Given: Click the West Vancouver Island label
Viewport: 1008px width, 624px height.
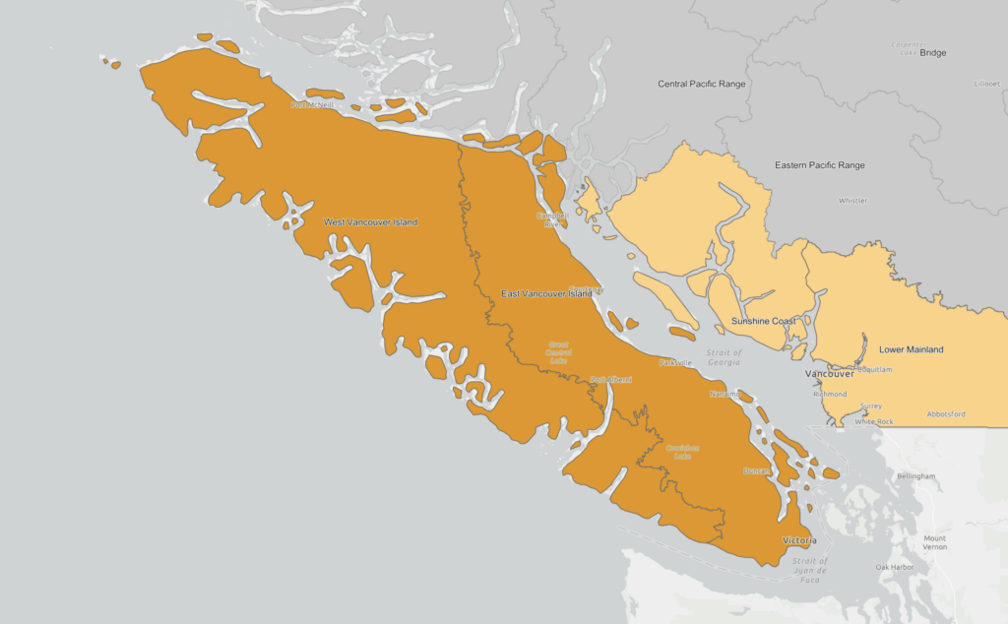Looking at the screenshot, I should (370, 222).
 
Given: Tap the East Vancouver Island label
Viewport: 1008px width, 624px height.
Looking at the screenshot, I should (546, 293).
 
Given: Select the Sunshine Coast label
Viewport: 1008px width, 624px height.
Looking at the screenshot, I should (763, 322).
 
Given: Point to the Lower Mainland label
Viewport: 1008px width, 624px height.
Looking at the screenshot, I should (911, 349).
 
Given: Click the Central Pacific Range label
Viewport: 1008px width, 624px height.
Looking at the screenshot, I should (702, 85).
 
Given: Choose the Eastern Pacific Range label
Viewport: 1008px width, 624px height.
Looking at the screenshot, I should (819, 165).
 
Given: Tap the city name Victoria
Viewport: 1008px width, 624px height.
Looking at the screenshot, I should (798, 541).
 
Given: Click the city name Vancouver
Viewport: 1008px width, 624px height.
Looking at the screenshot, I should (830, 374).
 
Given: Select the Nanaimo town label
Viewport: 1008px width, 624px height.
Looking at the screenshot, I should (724, 394).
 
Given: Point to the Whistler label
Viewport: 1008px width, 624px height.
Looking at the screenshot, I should (852, 201).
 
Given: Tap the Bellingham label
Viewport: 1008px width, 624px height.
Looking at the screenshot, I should (915, 476).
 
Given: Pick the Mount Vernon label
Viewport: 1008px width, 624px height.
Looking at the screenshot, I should (934, 543).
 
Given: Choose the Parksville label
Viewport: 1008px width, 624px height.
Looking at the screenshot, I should (676, 362).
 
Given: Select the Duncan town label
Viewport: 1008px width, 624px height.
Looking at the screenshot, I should (756, 470).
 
